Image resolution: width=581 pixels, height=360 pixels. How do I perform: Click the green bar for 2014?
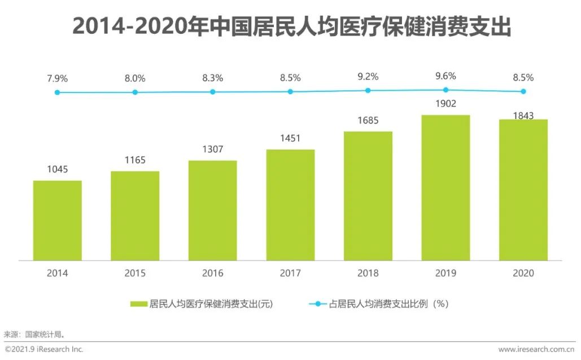click(x=58, y=221)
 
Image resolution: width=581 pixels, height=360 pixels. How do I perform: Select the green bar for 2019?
click(x=445, y=188)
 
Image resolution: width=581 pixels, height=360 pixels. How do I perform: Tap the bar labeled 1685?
click(x=368, y=196)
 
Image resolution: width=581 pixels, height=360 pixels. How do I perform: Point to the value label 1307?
click(x=213, y=150)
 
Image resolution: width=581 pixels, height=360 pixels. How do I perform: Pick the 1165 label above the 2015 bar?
click(x=135, y=160)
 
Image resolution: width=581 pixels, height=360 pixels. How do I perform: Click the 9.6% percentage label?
click(x=445, y=76)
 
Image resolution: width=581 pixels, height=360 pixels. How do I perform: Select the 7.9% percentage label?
click(x=57, y=78)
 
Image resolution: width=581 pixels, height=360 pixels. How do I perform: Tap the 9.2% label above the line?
click(x=368, y=76)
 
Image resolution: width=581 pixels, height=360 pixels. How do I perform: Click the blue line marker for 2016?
click(x=213, y=92)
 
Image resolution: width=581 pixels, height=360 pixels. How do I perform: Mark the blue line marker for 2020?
click(x=523, y=91)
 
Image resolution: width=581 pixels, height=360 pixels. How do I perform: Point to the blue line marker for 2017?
click(x=290, y=91)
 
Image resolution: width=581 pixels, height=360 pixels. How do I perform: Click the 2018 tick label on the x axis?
click(x=368, y=273)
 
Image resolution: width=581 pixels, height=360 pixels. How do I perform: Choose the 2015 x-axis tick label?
click(x=135, y=273)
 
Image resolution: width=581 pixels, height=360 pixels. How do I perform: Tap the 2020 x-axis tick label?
click(x=523, y=273)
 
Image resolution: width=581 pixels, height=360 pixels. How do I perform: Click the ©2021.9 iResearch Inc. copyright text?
click(x=44, y=349)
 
